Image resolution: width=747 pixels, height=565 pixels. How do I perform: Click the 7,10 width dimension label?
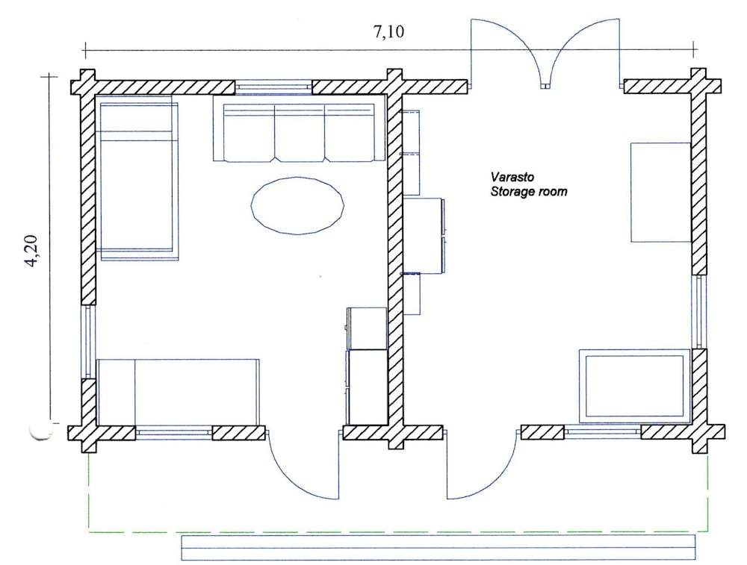coord(388,32)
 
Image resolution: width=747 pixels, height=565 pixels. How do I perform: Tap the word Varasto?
coord(512,177)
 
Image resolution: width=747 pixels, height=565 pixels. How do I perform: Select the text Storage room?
coord(529,192)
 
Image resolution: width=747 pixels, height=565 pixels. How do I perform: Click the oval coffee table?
coord(297,206)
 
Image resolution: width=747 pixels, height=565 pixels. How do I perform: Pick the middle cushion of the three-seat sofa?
coord(300,134)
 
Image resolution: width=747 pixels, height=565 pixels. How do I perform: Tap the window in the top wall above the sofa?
coord(273,87)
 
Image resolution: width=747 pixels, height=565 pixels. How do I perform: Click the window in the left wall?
coord(89,341)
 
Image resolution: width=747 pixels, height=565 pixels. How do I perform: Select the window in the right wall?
coord(698,312)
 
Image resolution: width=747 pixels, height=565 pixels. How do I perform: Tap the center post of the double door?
coord(545,87)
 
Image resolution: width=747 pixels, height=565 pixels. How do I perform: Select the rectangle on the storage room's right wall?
coord(661,193)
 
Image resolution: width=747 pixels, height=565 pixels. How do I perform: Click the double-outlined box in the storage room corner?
coord(634,386)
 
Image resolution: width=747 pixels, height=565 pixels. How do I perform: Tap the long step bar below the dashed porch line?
coord(438,548)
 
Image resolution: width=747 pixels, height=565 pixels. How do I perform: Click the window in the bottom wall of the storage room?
coord(603,432)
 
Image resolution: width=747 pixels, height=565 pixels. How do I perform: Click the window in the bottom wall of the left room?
coord(174,433)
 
